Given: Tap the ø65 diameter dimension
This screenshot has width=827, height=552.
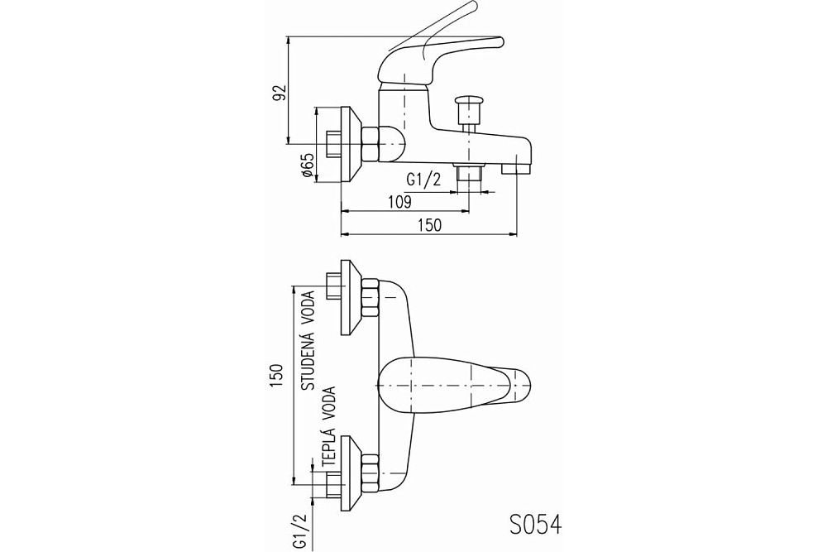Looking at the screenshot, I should pyautogui.click(x=307, y=166).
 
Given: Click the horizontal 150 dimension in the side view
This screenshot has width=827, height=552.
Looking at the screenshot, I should pyautogui.click(x=428, y=224).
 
